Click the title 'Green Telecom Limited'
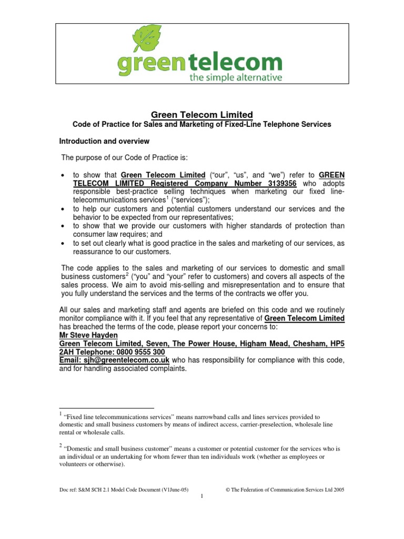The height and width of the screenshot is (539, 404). click(x=202, y=114)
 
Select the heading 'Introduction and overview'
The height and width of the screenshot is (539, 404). click(x=104, y=142)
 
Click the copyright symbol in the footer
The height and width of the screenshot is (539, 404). click(x=228, y=489)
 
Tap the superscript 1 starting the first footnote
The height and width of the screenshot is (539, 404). click(x=60, y=414)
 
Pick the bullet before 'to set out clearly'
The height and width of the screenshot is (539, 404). click(x=63, y=244)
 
